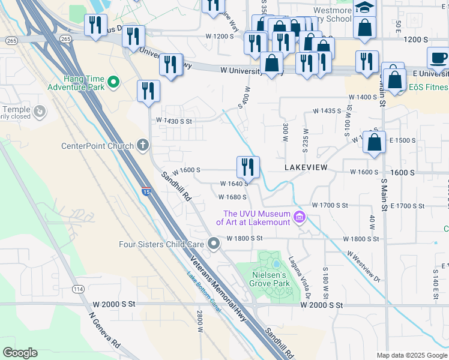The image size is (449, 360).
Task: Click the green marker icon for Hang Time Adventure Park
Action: click(112, 80)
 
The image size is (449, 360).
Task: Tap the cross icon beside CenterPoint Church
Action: click(143, 145)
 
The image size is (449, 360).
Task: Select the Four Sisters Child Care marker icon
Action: click(214, 243)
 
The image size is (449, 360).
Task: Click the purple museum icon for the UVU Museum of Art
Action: click(300, 218)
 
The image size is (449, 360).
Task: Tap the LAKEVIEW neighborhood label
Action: click(306, 167)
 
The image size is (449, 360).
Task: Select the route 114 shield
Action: click(78, 289)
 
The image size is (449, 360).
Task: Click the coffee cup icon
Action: click(438, 58)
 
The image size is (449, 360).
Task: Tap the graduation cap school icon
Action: click(364, 7)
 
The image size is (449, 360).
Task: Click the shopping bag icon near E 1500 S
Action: click(374, 143)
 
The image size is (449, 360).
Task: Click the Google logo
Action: click(20, 353)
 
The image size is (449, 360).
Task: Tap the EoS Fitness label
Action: click(428, 88)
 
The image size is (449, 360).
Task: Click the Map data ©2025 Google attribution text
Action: click(411, 355)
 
